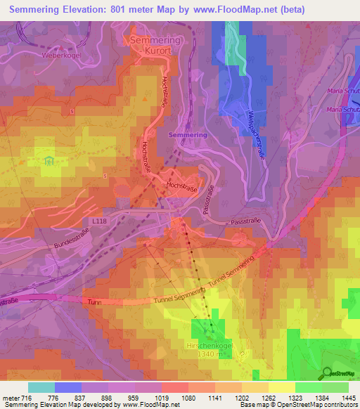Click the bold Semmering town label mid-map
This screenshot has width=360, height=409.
coord(188,134)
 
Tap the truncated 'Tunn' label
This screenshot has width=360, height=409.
coord(95,301)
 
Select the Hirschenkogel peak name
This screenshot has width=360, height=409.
coord(210,346)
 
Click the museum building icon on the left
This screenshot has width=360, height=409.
coord(49,162)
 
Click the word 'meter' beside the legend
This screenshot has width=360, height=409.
coord(11,398)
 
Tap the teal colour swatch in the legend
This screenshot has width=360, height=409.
coord(41,387)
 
